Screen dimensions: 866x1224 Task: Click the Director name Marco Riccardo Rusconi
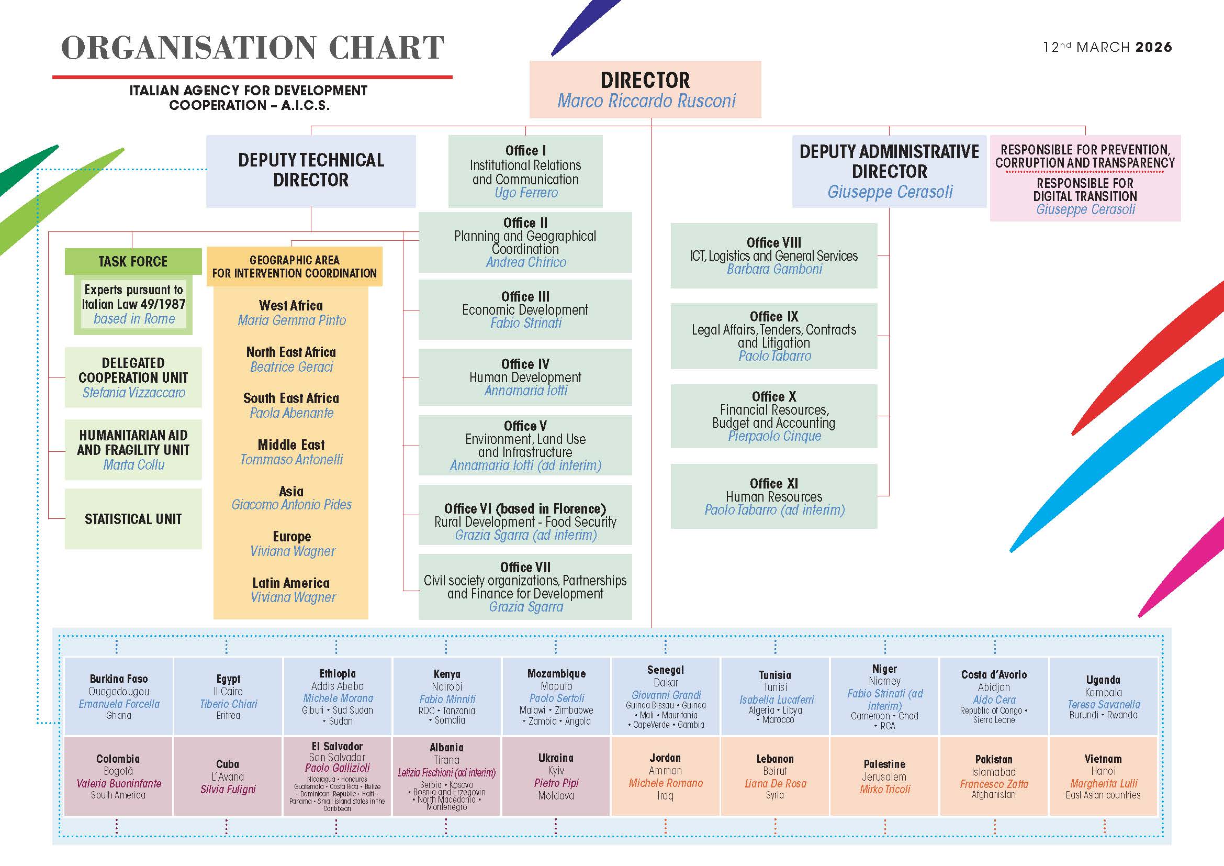point(646,101)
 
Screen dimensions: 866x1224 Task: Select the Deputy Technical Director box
point(311,171)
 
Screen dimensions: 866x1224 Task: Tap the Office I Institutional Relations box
point(525,171)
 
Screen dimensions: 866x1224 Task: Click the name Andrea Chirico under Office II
point(525,262)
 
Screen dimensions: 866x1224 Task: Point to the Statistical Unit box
point(133,519)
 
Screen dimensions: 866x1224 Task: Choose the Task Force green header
point(133,261)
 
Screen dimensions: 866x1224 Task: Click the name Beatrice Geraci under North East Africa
point(291,367)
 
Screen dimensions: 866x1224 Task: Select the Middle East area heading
point(291,445)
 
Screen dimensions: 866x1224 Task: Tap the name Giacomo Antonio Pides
point(291,504)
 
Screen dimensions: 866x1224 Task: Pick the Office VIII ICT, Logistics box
point(773,256)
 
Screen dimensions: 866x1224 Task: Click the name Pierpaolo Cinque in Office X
point(774,436)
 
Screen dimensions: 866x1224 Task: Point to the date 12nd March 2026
point(1107,47)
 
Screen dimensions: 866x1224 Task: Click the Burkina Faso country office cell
point(118,696)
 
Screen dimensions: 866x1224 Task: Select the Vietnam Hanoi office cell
point(1103,776)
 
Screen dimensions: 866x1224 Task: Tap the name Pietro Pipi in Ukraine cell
point(556,783)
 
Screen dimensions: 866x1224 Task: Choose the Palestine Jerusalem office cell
point(884,776)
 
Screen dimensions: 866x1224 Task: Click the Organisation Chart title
point(253,48)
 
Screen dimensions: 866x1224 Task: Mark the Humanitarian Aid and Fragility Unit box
point(133,450)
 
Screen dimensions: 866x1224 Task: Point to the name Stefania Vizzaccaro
point(133,393)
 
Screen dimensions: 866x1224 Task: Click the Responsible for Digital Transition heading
point(1085,190)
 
